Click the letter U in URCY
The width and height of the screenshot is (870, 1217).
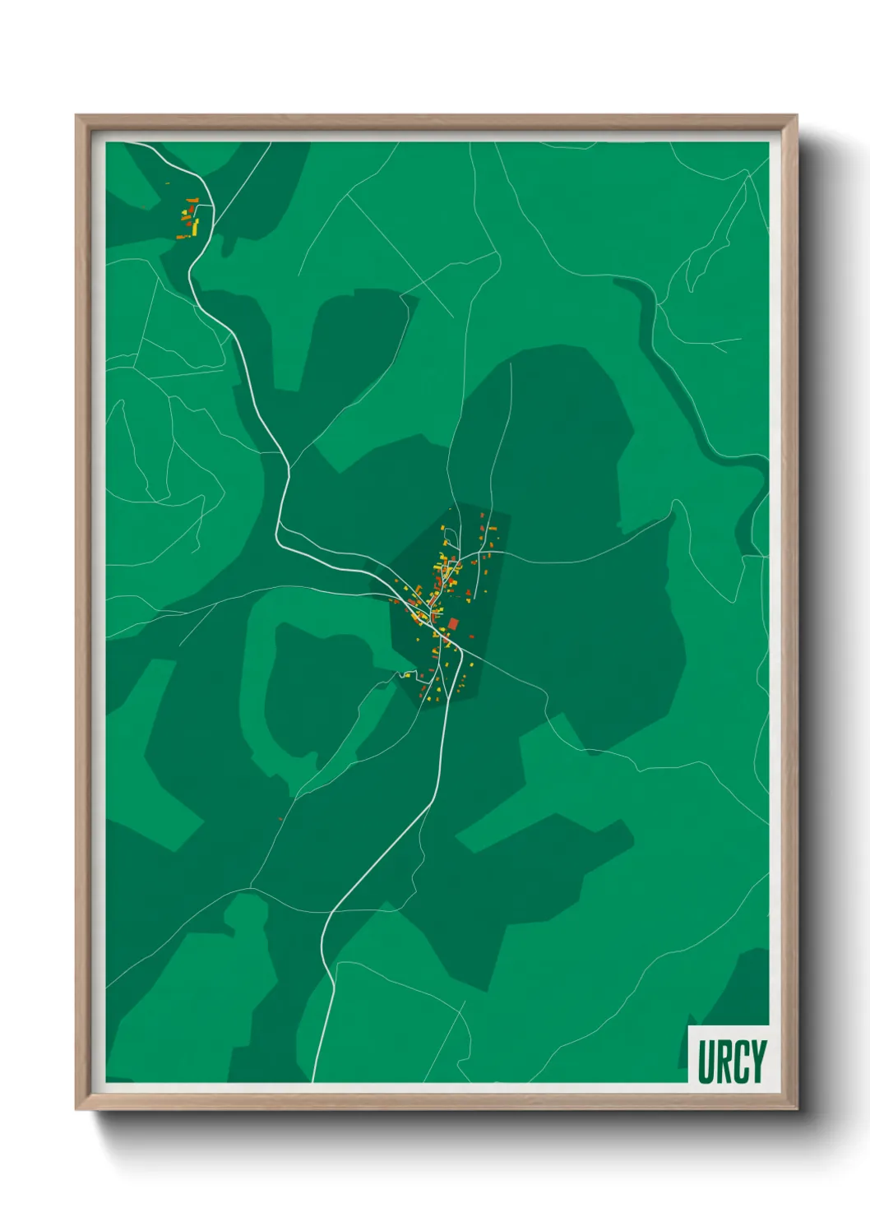pyautogui.click(x=706, y=1062)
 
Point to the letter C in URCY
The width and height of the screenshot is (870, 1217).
pyautogui.click(x=741, y=1062)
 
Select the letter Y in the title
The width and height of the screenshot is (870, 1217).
pyautogui.click(x=758, y=1062)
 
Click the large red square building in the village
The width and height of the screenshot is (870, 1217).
pyautogui.click(x=453, y=624)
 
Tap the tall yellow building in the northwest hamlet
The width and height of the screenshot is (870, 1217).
pyautogui.click(x=196, y=224)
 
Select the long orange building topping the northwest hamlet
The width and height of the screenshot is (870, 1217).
pyautogui.click(x=192, y=200)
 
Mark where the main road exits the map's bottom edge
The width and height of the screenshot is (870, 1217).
pyautogui.click(x=312, y=1080)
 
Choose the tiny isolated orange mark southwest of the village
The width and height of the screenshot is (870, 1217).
pyautogui.click(x=280, y=819)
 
